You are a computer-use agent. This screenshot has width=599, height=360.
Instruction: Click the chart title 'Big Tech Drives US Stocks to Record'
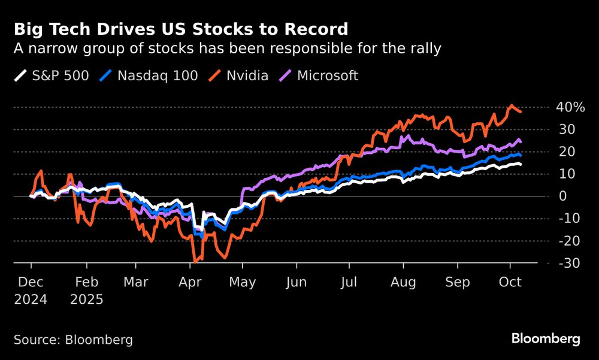[x=180, y=29]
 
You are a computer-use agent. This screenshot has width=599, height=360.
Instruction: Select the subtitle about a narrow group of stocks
[x=227, y=49]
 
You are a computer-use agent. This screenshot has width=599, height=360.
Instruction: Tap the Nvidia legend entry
[x=240, y=76]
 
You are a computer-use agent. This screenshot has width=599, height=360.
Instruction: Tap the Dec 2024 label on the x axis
[x=31, y=290]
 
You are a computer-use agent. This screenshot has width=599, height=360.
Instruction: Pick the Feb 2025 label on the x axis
[x=86, y=290]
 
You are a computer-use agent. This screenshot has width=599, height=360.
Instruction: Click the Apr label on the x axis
[x=190, y=282]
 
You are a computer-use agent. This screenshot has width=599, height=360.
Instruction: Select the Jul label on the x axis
[x=350, y=282]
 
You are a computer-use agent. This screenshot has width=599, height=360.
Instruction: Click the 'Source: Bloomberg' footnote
[x=73, y=340]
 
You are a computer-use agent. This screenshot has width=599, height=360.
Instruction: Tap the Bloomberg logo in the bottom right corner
[x=546, y=339]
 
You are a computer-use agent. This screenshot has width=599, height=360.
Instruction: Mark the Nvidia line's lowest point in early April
[x=195, y=262]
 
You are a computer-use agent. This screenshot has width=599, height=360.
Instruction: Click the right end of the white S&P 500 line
[x=520, y=164]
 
